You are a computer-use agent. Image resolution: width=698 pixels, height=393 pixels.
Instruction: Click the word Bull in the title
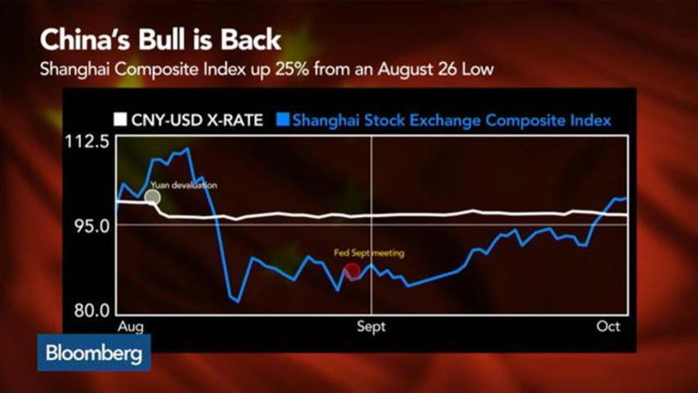[x=161, y=40]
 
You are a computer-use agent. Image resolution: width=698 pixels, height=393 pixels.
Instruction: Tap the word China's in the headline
[x=85, y=40]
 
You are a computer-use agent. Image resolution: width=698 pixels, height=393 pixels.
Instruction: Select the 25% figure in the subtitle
[x=292, y=69]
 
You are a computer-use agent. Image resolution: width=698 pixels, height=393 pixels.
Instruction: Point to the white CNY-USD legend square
[x=121, y=120]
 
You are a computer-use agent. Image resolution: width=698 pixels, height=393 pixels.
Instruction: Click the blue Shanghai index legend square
[x=282, y=120]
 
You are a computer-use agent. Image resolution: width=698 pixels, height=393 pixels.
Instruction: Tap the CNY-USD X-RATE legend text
[x=197, y=120]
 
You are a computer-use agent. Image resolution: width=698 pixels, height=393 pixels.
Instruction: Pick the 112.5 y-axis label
[x=87, y=142]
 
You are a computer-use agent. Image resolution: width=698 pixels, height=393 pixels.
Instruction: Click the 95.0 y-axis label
[x=92, y=227]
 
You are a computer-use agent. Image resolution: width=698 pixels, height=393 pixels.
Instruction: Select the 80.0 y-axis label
[x=92, y=311]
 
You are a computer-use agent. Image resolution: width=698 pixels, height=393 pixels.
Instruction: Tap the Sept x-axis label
[x=371, y=326]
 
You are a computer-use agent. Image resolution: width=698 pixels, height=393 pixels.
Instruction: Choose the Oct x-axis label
[x=608, y=326]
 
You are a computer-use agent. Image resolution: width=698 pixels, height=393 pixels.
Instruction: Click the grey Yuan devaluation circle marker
[x=153, y=197]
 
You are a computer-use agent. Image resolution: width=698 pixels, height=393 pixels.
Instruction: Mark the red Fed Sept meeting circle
[x=352, y=271]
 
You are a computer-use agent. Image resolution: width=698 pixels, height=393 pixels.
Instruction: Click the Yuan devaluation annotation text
[x=184, y=185]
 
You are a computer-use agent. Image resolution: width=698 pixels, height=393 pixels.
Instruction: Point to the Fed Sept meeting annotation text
[x=369, y=253]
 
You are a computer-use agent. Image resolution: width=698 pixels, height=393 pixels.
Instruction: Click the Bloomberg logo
[x=94, y=353]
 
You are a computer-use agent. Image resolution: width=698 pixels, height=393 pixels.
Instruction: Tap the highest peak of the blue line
[x=187, y=148]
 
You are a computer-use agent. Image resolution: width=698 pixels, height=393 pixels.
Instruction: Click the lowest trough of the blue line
[x=238, y=302]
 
